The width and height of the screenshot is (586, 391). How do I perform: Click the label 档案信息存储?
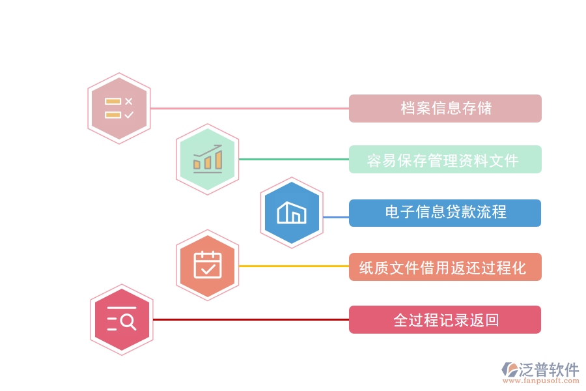(x=445, y=108)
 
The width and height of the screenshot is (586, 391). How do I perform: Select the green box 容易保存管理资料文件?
(x=445, y=160)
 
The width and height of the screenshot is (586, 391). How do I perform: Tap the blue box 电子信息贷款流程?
(x=445, y=212)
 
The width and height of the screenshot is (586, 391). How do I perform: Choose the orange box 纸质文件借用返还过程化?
(x=445, y=267)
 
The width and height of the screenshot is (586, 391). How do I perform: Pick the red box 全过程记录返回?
(x=445, y=320)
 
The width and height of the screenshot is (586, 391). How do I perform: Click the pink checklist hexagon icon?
(x=119, y=109)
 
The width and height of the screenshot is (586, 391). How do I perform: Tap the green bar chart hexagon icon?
(x=208, y=160)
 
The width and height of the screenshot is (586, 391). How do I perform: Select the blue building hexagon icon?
(x=292, y=212)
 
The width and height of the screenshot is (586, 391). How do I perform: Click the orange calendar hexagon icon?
(x=208, y=265)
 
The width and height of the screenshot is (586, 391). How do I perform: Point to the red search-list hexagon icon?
(x=122, y=320)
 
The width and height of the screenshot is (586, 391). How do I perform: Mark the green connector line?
(x=293, y=159)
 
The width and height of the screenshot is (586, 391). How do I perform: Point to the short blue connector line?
(x=336, y=217)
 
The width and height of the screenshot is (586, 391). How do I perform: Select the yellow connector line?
(x=293, y=266)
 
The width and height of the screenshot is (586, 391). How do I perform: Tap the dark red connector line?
(x=251, y=319)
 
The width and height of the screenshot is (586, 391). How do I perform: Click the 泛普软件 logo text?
(x=549, y=370)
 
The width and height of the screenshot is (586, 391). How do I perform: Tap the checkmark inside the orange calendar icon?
(x=208, y=268)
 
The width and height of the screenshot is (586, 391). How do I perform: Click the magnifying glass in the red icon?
(x=128, y=321)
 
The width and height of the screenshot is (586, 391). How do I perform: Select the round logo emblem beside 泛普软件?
(x=509, y=370)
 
